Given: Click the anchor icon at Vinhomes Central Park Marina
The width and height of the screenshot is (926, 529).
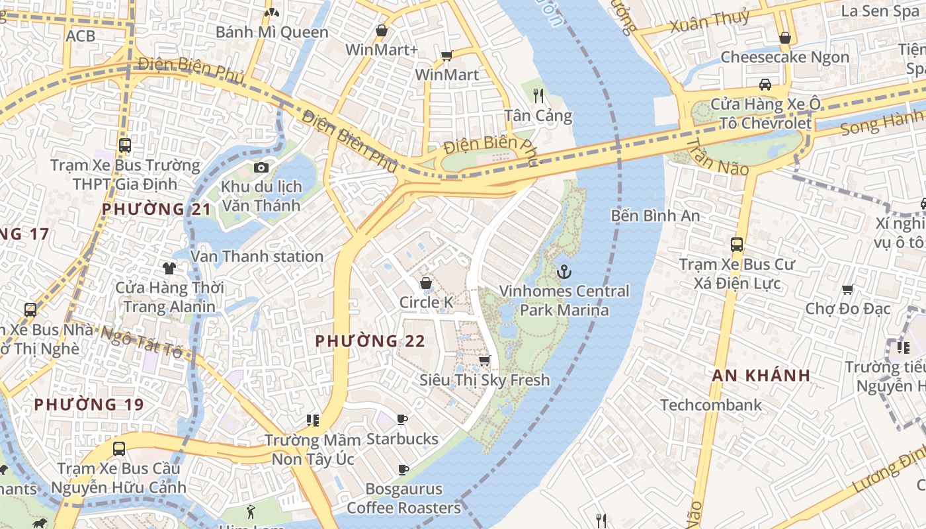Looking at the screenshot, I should [x=564, y=271].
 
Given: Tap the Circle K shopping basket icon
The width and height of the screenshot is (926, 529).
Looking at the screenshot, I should [x=426, y=283].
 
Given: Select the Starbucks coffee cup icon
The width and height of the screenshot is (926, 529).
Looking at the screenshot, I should [x=402, y=419].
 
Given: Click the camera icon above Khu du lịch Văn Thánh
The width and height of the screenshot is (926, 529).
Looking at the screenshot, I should [x=261, y=167].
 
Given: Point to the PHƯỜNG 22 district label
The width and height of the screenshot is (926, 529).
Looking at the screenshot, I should [x=370, y=341].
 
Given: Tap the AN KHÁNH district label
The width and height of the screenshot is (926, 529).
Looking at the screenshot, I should [x=761, y=376].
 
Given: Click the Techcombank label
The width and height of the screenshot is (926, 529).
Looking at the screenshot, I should [x=710, y=405].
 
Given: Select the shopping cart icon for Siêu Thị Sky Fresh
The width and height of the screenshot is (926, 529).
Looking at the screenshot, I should [x=484, y=360].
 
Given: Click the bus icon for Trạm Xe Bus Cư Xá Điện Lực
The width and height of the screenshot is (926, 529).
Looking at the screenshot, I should [x=737, y=244].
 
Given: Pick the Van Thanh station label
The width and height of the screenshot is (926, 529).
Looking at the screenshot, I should [x=257, y=256].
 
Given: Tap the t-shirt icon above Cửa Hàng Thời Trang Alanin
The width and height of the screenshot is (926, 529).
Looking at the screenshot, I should [x=169, y=268].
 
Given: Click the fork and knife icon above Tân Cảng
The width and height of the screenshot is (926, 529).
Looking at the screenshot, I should [x=538, y=96].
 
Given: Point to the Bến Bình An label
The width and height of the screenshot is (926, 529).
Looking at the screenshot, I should [x=655, y=216].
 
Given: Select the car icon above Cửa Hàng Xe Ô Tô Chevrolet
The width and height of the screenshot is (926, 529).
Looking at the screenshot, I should [x=765, y=85].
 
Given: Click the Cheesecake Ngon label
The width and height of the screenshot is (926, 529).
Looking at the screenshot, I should [x=784, y=57].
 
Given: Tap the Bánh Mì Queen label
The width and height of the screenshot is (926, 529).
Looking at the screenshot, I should [x=272, y=32].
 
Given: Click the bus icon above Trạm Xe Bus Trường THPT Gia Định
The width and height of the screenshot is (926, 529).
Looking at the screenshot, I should [x=125, y=145].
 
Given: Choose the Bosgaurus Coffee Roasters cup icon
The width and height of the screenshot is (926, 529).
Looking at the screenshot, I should [x=403, y=469].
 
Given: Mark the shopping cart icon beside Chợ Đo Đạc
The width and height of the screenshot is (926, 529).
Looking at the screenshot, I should [x=848, y=289].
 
